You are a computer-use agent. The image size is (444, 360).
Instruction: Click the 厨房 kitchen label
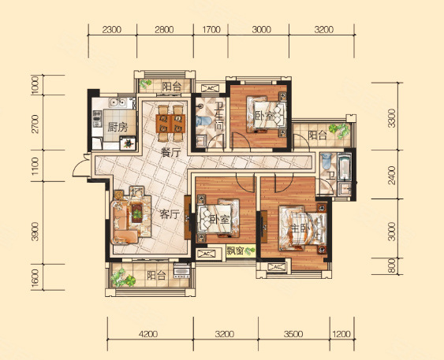(x=118, y=128)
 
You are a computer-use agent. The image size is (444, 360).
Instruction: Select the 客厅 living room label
(x=170, y=214)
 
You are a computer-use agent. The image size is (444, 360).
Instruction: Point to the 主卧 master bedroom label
(x=299, y=228)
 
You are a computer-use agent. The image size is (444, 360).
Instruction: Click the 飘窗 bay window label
(x=235, y=251)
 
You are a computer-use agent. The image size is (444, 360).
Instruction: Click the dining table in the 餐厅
(x=171, y=124)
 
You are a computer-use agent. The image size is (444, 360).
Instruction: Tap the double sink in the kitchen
(x=118, y=102)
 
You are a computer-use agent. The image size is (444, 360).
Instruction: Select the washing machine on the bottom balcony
(x=181, y=271)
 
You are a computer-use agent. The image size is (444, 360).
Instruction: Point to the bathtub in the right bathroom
(x=345, y=166)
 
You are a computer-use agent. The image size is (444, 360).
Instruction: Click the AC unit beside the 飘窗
(x=206, y=254)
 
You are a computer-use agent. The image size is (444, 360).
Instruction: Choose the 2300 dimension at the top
(x=112, y=29)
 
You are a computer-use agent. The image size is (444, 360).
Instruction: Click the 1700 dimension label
(x=211, y=29)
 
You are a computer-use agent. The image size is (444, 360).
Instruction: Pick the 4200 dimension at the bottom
(x=148, y=334)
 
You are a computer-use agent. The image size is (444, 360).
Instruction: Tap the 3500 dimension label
(x=293, y=334)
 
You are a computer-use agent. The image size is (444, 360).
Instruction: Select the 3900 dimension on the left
(x=35, y=232)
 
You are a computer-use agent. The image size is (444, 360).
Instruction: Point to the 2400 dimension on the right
(x=392, y=176)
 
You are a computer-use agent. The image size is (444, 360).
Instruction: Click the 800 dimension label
(x=392, y=266)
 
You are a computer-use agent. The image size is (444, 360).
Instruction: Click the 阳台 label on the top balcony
(x=172, y=86)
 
